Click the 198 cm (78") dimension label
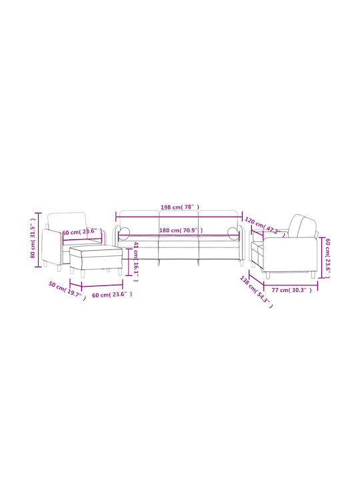[x=180, y=207]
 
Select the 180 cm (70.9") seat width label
[x=181, y=230]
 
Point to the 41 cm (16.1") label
[x=136, y=261]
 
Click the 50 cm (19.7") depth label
[x=67, y=290]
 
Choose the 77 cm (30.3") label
[x=291, y=290]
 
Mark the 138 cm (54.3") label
[x=256, y=292]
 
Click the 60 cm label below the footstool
[x=112, y=295]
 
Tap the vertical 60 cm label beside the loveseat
[x=327, y=258]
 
